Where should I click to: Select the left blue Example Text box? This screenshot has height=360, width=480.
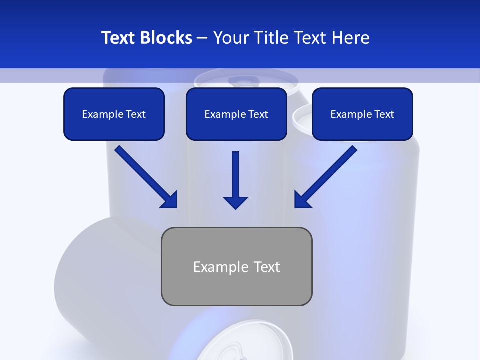(x=114, y=114)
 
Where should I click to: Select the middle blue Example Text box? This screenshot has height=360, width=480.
(x=236, y=114)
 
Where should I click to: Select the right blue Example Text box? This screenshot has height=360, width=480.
(x=362, y=114)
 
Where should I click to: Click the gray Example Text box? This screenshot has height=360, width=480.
(x=236, y=266)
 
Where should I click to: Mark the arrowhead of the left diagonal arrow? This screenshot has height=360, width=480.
(x=170, y=200)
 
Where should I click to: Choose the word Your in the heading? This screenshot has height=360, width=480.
(x=230, y=38)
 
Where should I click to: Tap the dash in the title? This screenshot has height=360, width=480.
(x=202, y=38)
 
